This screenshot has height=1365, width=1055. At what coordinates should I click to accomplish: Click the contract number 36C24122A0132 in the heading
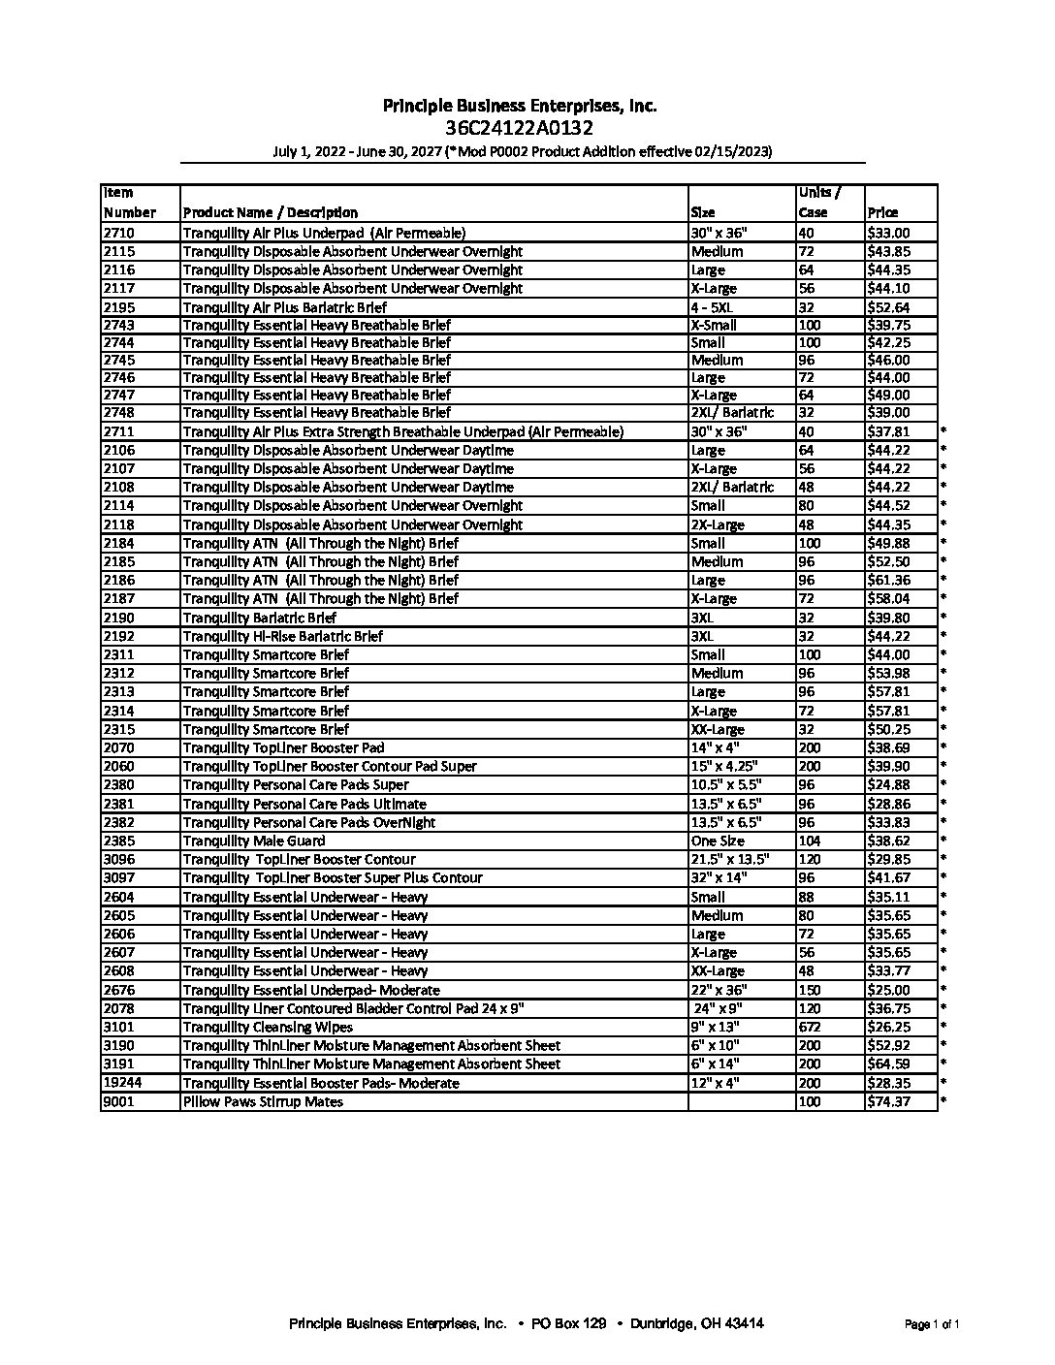point(520,128)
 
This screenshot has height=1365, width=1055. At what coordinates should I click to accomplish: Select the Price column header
point(883,212)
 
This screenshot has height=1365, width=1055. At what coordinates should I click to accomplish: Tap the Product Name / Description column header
point(270,212)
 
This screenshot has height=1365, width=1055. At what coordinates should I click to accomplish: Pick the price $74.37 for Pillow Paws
point(888,1101)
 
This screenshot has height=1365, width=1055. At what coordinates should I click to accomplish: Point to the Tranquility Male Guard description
point(254,841)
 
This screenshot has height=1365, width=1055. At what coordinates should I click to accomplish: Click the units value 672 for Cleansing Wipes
point(810,1027)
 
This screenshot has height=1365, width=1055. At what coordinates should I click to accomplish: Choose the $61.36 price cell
point(888,580)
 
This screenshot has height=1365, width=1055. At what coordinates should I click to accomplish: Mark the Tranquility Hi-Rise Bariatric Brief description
point(282,636)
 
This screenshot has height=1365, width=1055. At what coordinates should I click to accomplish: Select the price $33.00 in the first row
point(888,233)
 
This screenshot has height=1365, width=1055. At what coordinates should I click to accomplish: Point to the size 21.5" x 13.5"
point(730,859)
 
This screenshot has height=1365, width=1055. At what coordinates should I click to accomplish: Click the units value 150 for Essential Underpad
point(810,990)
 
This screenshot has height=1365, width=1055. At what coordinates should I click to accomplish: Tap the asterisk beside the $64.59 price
point(943,1063)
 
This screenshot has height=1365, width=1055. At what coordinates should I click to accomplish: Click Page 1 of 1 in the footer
point(932,1324)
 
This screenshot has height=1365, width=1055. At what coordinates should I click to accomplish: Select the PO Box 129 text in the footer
point(569,1323)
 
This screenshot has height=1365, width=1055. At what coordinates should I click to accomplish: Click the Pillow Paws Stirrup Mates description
point(263,1101)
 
